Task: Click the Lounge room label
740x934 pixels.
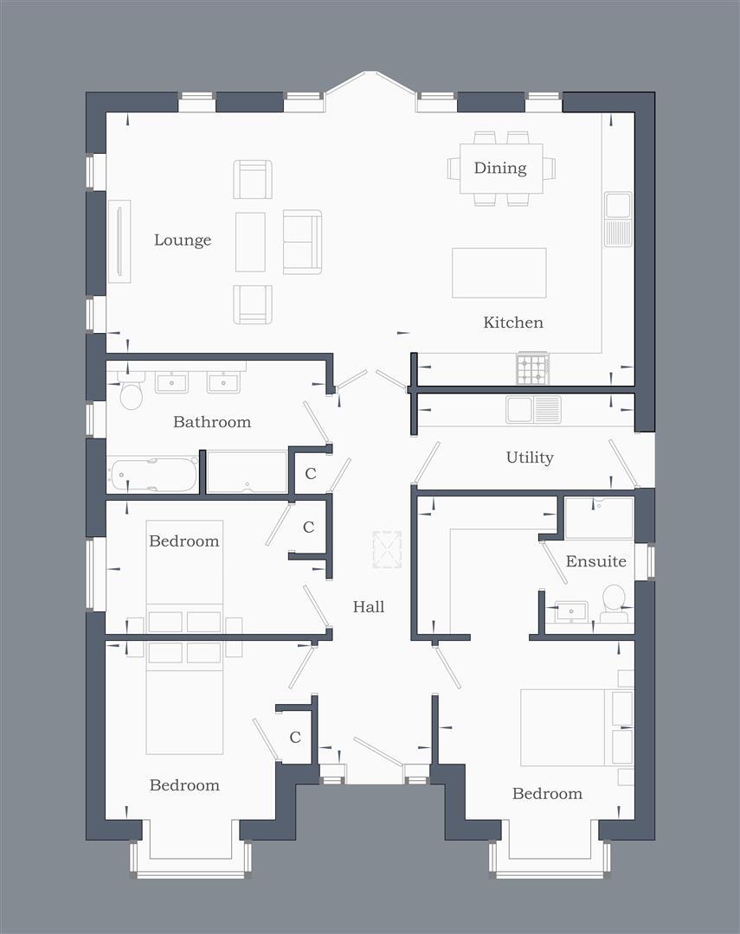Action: coord(182,240)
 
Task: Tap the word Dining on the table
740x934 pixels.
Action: coord(500,168)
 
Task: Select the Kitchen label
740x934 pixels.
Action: coord(513,323)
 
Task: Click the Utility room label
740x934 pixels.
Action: coord(530,457)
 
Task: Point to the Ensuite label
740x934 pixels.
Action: coord(595,561)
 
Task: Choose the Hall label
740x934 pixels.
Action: coord(369,607)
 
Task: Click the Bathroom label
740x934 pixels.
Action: coord(212,422)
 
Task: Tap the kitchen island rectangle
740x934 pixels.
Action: coord(499,273)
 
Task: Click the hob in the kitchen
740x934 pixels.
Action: coord(532,369)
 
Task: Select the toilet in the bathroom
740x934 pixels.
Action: coord(131,393)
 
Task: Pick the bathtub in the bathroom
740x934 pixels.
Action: coord(153,475)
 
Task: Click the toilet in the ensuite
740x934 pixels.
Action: coord(614,600)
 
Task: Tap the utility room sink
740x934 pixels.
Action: coord(533,409)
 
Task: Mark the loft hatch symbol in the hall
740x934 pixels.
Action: coord(387,549)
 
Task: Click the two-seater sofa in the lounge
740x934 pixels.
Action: coord(302,241)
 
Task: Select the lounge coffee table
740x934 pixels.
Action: coord(250,241)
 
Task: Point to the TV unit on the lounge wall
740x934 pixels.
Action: coord(119,240)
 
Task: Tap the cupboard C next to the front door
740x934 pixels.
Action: coord(295,738)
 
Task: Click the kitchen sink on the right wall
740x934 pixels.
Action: coord(618,219)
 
